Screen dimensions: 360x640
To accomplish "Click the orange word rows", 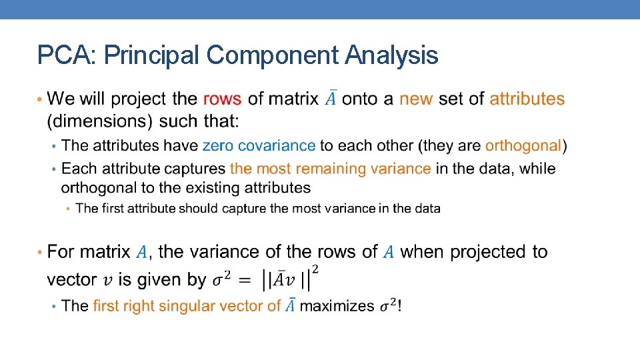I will (222, 99).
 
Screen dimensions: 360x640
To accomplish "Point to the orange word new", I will (416, 99).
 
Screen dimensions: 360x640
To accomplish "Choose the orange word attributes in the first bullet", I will (527, 99).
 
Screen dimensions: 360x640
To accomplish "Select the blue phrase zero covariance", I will (259, 145).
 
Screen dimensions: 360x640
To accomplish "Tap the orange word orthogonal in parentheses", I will (523, 145).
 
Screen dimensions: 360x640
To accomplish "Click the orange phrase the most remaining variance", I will (330, 169).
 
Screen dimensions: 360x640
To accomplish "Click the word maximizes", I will (337, 306).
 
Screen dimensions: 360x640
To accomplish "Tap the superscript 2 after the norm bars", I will (315, 269).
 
